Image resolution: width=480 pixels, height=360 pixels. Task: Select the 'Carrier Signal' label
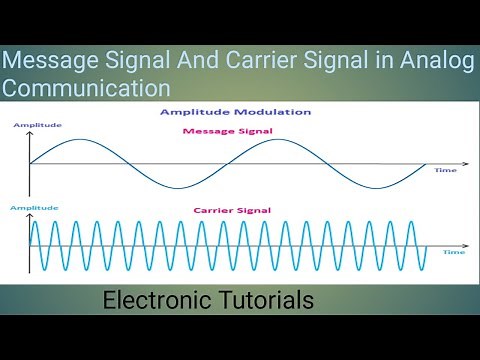(x=232, y=211)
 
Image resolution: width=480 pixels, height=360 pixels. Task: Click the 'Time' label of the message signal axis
(x=445, y=171)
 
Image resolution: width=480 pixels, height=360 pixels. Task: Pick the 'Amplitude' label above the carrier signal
(x=30, y=206)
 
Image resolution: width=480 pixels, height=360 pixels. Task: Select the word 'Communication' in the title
(x=86, y=87)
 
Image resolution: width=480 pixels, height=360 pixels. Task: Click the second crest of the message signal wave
(x=277, y=140)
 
